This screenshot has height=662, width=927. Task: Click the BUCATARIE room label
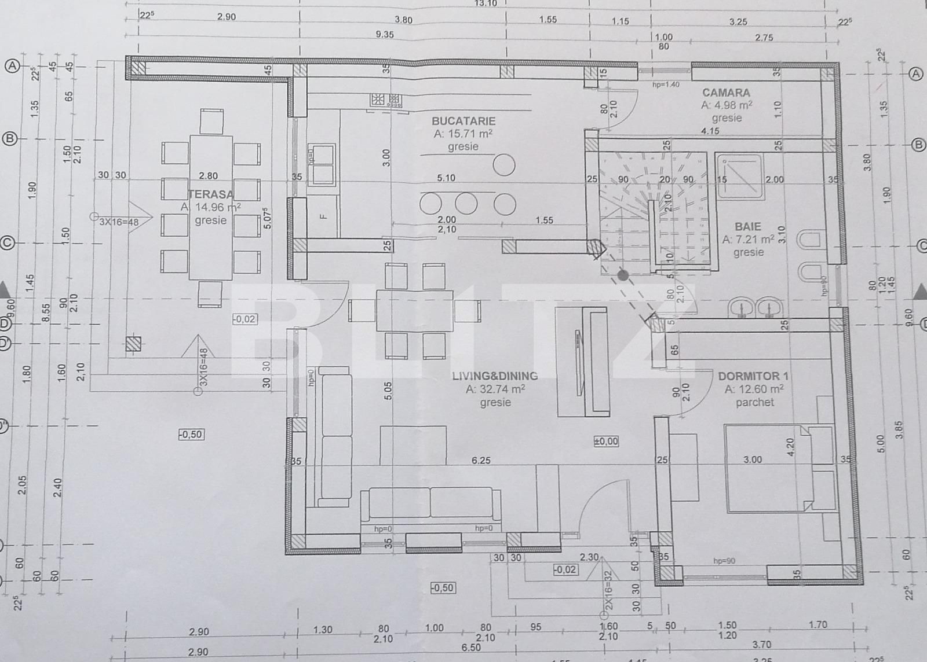(x=463, y=121)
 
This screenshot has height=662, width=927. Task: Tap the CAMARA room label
(x=726, y=93)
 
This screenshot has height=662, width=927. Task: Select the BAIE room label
(x=747, y=226)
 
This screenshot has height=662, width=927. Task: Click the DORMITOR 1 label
(x=753, y=376)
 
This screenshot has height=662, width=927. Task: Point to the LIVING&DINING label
(x=495, y=376)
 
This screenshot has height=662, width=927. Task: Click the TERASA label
(x=210, y=194)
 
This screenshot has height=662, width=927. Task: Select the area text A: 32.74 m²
(x=495, y=389)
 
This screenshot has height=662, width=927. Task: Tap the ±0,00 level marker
(x=606, y=442)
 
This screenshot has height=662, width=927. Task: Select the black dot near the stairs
(x=623, y=276)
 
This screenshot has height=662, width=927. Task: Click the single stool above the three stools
(x=504, y=165)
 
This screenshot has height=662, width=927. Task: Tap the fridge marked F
(x=323, y=217)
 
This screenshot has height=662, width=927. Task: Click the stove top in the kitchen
(x=386, y=100)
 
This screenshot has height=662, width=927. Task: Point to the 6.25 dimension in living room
(x=481, y=461)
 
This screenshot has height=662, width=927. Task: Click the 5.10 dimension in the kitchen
(x=446, y=178)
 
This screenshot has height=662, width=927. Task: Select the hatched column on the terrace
(x=133, y=343)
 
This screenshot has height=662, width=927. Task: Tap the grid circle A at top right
(x=915, y=74)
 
